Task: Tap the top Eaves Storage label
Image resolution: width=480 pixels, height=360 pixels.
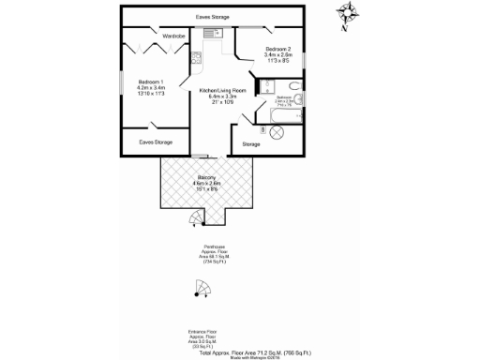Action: click(x=213, y=17)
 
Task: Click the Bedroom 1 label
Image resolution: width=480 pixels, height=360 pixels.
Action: click(x=151, y=86)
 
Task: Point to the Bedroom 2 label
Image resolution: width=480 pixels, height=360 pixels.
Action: click(x=278, y=54)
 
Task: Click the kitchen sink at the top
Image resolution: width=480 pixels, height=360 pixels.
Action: click(x=211, y=33)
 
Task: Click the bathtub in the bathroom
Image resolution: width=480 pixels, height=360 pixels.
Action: click(x=287, y=103)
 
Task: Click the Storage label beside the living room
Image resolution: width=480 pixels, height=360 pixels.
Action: click(x=251, y=144)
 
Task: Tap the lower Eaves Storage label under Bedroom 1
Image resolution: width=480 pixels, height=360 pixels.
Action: click(x=154, y=142)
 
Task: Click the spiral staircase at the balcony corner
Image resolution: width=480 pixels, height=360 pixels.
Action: click(x=194, y=220)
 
